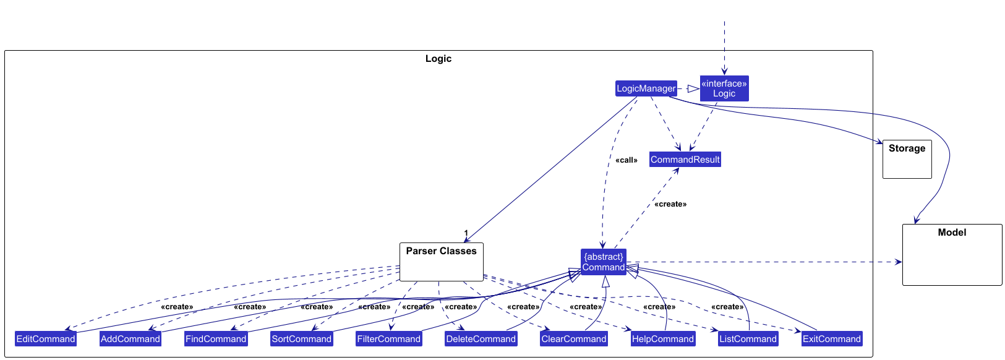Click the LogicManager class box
[646, 88]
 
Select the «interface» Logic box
[724, 88]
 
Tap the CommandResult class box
[685, 160]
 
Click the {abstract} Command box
[603, 262]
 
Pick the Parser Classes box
[441, 262]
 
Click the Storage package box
[907, 160]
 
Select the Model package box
[952, 255]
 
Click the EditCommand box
[46, 339]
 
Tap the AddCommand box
[130, 339]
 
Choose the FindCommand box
[216, 339]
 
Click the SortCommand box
[302, 339]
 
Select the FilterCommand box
[389, 339]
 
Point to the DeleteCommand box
[481, 339]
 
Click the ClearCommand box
[574, 339]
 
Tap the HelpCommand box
[663, 339]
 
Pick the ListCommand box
[748, 339]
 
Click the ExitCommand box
[831, 339]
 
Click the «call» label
[627, 160]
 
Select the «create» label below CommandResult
[670, 204]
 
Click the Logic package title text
[438, 59]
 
